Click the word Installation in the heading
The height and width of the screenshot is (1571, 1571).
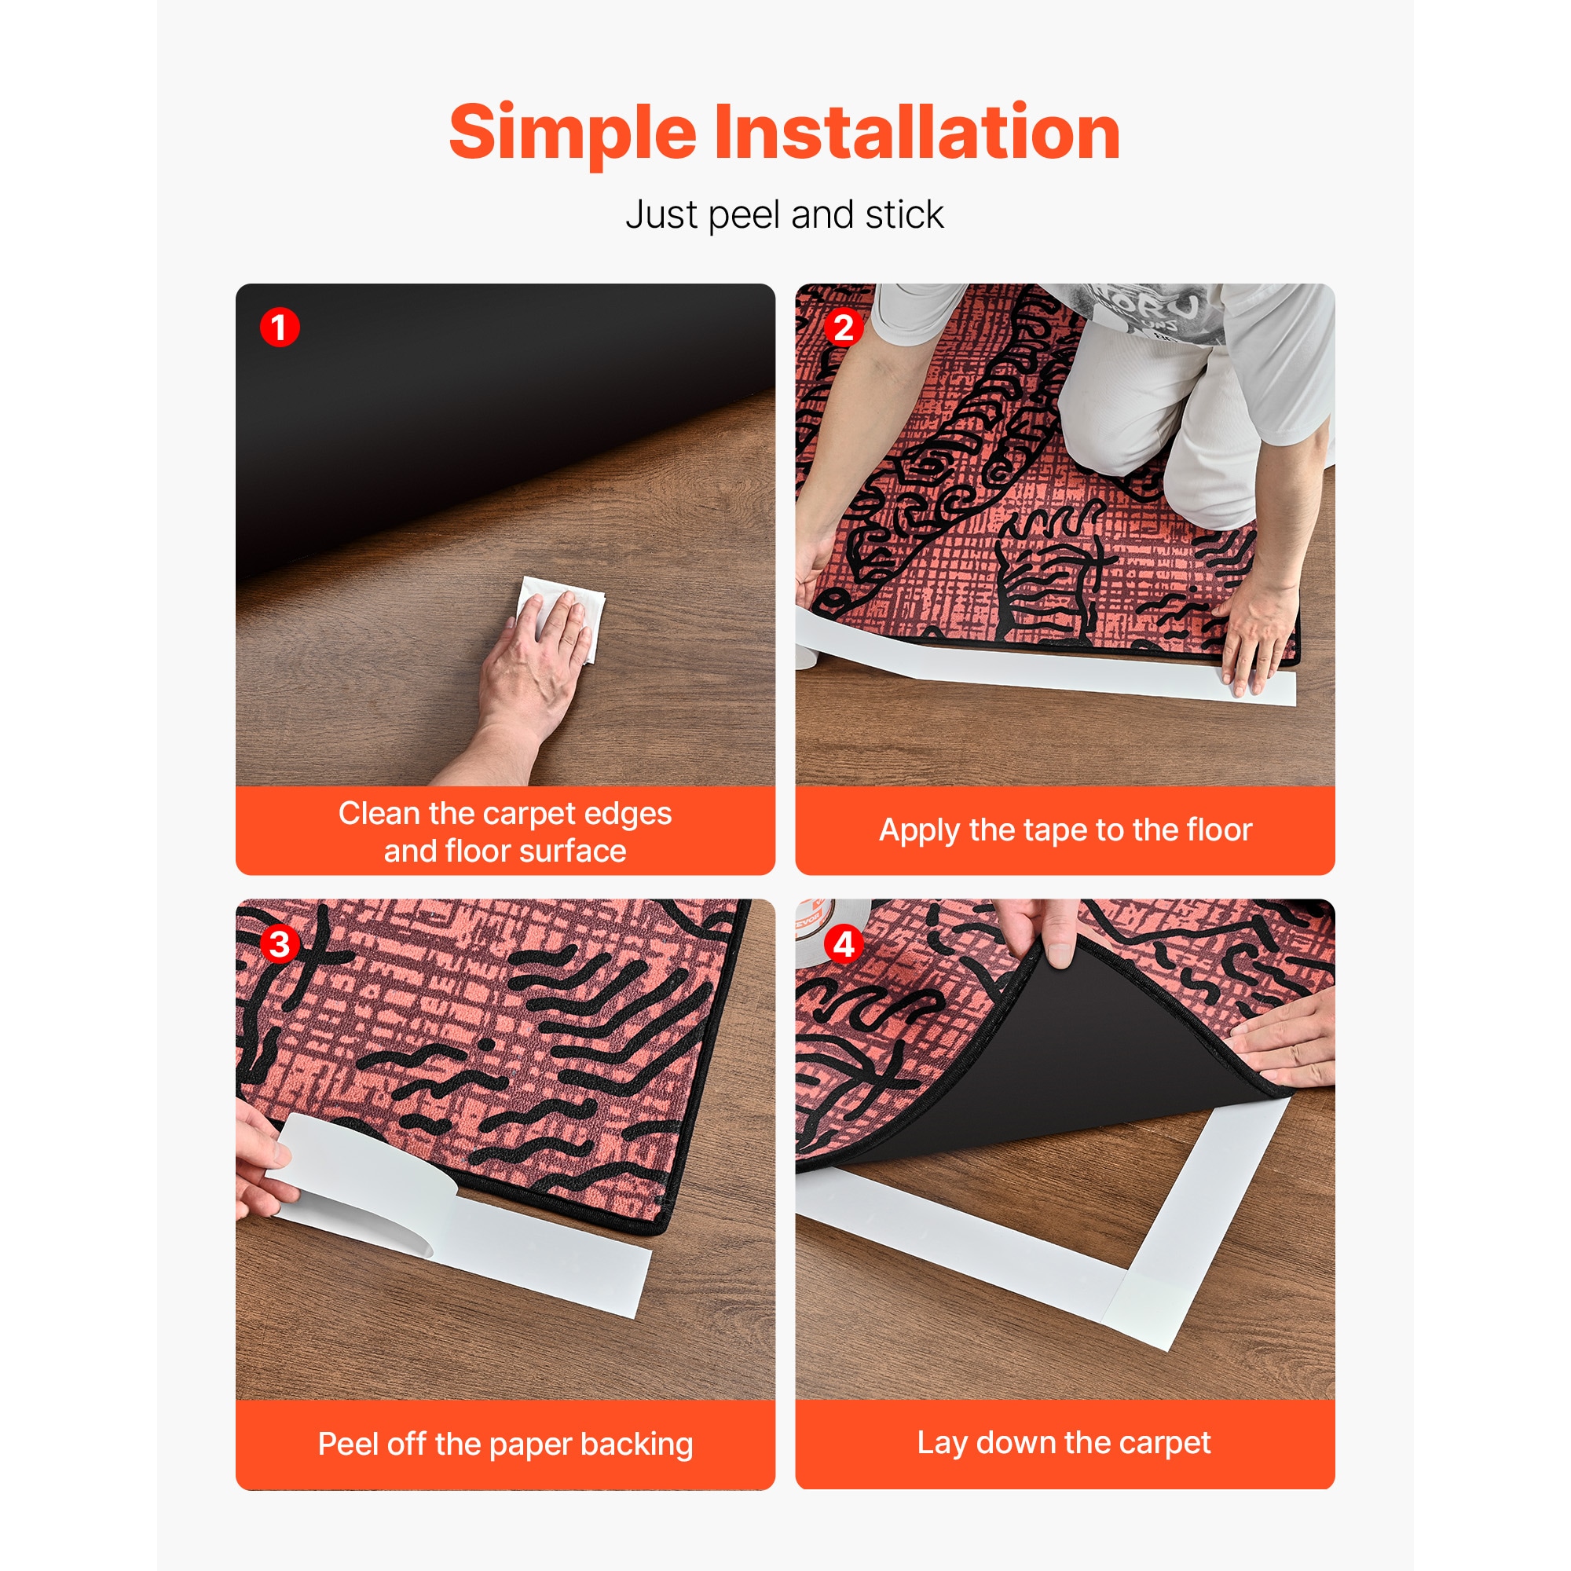[x=917, y=132]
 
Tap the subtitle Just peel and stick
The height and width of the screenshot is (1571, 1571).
[x=785, y=215]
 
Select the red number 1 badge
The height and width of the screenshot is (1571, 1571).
[x=280, y=328]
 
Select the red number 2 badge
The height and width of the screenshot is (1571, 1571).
[x=843, y=328]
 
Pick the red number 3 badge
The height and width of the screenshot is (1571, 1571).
[x=280, y=944]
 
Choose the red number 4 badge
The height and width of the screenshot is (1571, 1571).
[x=843, y=944]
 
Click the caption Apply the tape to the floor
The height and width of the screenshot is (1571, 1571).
[x=1065, y=830]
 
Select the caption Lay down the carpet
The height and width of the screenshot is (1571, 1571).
[x=1064, y=1442]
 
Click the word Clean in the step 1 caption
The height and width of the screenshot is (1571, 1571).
[x=379, y=813]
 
